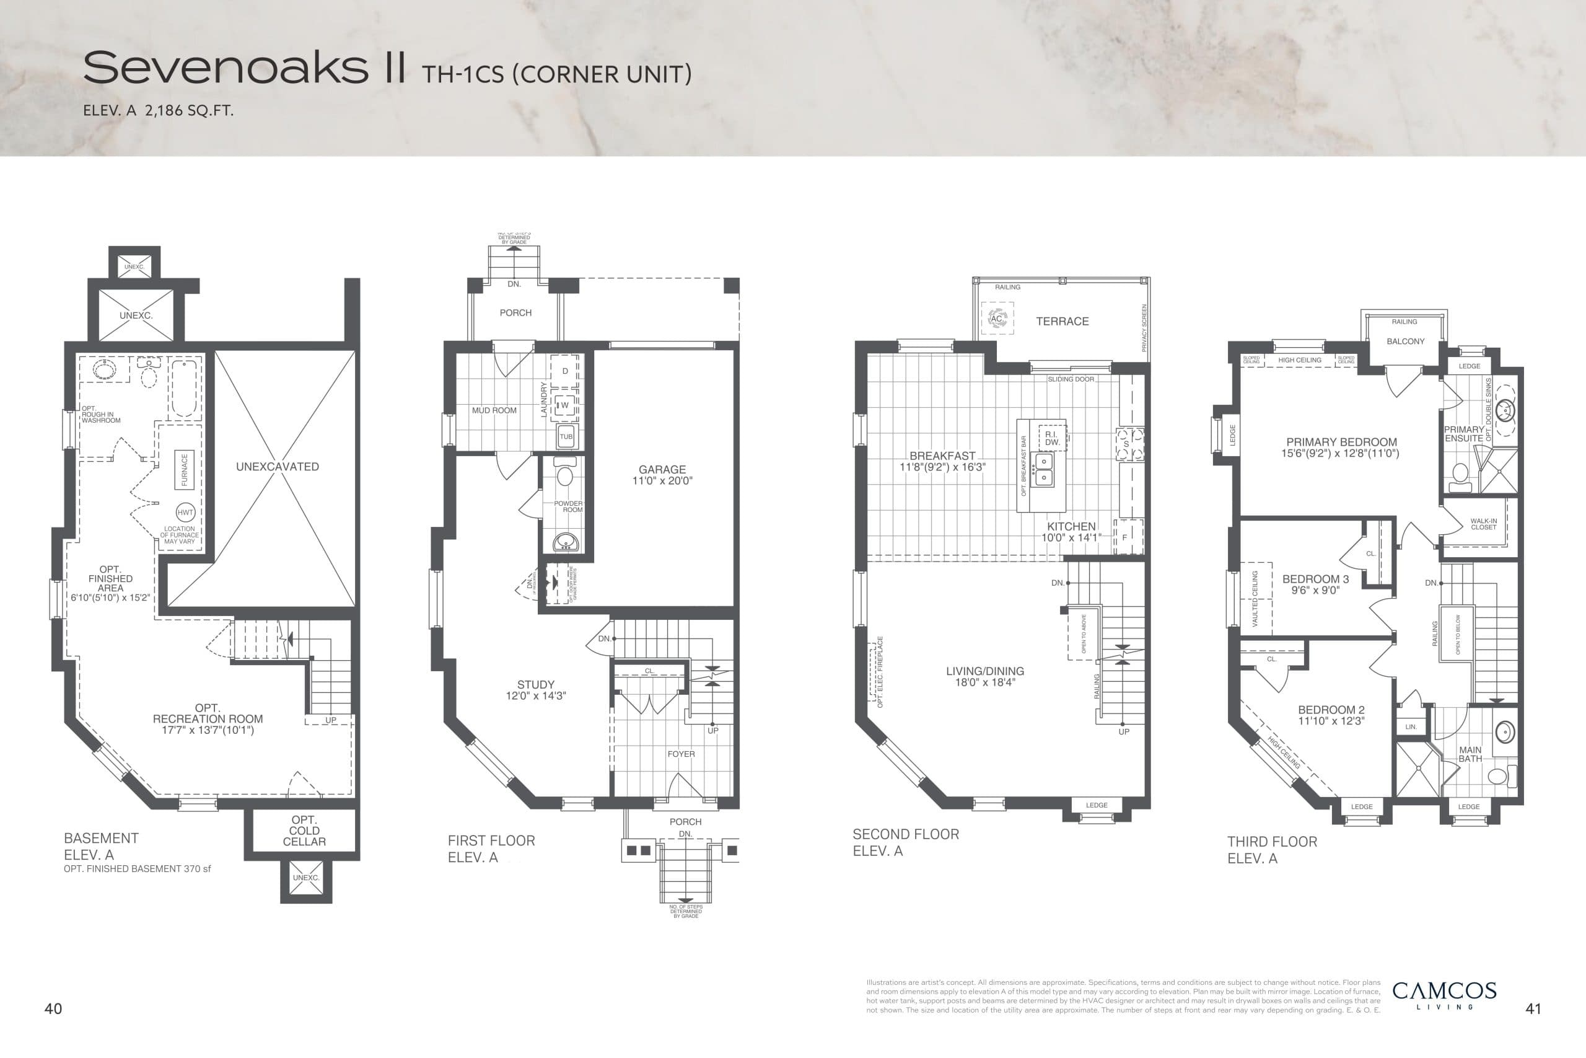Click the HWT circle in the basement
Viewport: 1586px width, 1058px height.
coord(185,513)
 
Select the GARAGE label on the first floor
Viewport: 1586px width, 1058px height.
coord(662,470)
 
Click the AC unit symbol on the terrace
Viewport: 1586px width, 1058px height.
coord(997,319)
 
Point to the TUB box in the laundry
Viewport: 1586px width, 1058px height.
coord(566,436)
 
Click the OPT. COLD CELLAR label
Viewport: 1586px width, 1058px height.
coord(304,831)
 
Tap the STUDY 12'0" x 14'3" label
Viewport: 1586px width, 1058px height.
coord(535,690)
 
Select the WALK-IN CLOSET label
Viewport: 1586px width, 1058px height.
coord(1484,524)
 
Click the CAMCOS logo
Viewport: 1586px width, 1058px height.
coord(1444,991)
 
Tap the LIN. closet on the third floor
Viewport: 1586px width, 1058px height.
coord(1411,726)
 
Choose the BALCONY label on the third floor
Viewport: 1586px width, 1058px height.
coord(1405,342)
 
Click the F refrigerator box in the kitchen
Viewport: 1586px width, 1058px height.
coord(1124,538)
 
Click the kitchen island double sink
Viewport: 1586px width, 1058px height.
coord(1043,470)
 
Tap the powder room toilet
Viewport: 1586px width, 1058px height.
coord(564,474)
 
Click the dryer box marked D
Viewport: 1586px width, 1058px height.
coord(565,371)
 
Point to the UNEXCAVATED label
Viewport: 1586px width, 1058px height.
coord(277,466)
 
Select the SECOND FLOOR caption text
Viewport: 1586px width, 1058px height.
coord(905,834)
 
